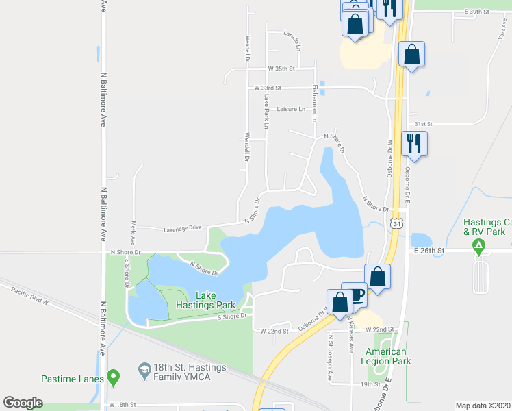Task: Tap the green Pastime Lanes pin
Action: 114,376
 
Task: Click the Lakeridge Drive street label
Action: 183,228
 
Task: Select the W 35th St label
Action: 281,69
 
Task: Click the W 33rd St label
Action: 268,88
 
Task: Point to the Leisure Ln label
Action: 290,109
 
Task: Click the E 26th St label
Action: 429,251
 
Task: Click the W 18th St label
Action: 123,405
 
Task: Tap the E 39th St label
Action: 476,12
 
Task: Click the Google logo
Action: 23,403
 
